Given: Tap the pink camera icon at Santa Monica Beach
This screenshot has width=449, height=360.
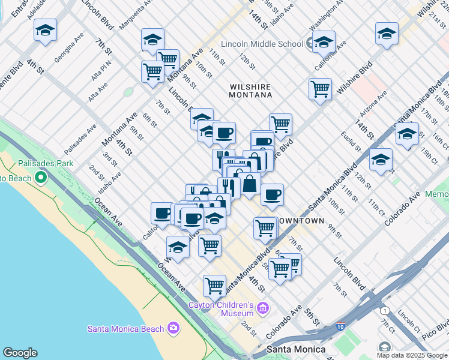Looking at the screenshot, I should (173, 328).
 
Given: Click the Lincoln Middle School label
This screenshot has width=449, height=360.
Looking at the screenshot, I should (262, 44).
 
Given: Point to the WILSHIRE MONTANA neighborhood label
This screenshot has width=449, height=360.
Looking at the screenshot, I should (251, 91).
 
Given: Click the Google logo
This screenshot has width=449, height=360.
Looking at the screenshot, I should (20, 353).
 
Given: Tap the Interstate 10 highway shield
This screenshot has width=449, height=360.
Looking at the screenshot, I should (340, 327).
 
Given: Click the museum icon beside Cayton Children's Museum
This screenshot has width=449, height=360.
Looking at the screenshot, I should (262, 309).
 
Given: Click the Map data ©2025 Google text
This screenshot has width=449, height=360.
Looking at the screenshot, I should (411, 355).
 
